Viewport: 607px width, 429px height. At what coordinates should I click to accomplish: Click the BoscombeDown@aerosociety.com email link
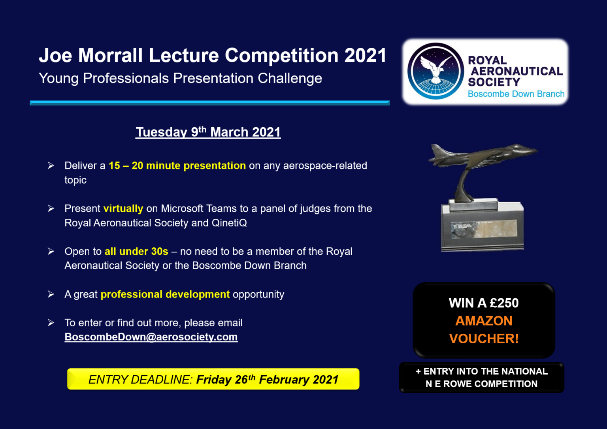151,337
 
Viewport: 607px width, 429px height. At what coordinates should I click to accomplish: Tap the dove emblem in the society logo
435,68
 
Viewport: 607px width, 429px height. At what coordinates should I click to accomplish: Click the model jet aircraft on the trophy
482,156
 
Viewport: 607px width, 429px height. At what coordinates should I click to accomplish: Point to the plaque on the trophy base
484,229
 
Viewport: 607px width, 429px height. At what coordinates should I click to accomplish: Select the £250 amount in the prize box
504,303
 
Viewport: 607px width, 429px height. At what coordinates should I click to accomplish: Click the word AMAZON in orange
484,321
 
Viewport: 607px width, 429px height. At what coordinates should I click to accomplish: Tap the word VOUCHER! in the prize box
484,339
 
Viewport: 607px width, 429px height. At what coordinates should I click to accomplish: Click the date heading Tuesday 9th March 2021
208,132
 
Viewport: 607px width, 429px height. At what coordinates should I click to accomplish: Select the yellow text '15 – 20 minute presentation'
177,166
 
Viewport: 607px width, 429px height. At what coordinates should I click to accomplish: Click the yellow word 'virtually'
123,209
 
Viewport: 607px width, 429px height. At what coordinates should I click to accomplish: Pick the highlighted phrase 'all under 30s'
136,251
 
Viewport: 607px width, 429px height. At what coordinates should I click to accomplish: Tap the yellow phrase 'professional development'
165,294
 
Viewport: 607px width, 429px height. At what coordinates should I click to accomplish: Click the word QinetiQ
229,223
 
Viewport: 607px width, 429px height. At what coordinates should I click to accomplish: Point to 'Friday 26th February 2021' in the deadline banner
267,380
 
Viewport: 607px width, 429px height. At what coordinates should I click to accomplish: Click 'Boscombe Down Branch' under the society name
516,94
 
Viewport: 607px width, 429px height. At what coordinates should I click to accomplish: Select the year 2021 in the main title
365,55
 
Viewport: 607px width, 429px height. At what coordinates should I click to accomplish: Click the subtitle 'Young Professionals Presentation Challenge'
180,78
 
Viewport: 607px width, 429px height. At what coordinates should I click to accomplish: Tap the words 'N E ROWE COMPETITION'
481,384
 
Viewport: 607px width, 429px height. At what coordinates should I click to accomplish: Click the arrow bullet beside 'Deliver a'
51,166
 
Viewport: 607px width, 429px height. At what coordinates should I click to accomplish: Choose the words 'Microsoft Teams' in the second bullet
198,209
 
